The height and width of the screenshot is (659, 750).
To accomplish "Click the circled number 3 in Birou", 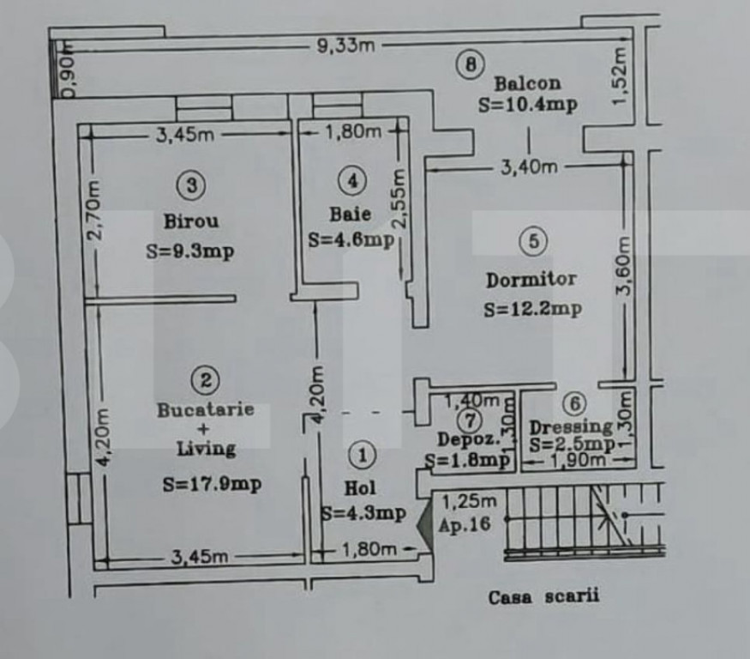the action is [191, 184].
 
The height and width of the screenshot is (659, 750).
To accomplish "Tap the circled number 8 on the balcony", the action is [471, 64].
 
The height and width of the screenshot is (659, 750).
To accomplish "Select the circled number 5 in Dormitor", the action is [534, 240].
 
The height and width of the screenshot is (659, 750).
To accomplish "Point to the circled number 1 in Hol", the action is [362, 455].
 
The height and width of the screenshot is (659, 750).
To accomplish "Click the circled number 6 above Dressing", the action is [574, 403].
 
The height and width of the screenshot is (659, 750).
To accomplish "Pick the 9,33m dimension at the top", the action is [345, 45].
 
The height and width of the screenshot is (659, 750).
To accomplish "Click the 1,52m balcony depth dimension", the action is [619, 76].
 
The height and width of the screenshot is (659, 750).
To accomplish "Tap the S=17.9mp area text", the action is [212, 484].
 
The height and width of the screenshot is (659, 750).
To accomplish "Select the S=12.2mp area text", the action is [532, 310].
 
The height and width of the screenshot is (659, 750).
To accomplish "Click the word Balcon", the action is [527, 83].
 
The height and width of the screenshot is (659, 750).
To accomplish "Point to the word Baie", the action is [350, 214].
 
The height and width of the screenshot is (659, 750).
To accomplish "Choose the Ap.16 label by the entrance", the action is [465, 525].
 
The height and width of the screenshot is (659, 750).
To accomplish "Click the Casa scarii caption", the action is [543, 596].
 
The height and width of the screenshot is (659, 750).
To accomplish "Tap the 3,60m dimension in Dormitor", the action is [624, 266].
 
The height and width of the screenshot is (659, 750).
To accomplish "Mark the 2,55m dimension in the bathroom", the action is [398, 198].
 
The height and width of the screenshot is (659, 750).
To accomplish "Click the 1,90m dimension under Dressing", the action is [578, 460].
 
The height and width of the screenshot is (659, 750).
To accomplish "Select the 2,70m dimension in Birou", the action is [93, 209].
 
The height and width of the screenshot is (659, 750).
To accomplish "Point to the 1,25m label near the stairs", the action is [470, 501].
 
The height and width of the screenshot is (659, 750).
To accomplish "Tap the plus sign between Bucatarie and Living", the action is [204, 428].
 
